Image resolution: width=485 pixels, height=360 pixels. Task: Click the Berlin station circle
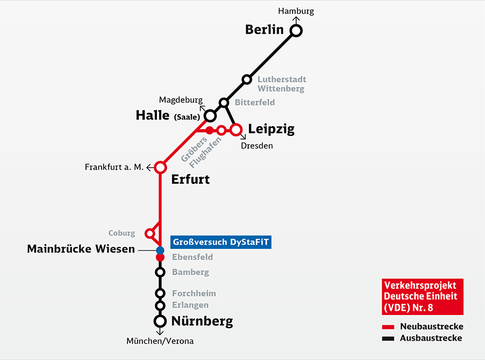(296, 31)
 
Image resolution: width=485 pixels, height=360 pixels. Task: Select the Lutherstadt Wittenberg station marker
(246, 79)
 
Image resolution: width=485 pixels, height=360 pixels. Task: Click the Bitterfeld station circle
(224, 103)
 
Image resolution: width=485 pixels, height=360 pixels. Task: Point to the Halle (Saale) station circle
(210, 115)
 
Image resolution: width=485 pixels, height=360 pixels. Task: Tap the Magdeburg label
(181, 100)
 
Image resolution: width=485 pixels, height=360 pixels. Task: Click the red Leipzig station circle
(236, 129)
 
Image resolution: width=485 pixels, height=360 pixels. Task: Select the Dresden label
(257, 145)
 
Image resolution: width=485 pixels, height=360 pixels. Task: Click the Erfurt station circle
(160, 167)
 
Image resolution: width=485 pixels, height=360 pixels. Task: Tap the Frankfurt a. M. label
(114, 167)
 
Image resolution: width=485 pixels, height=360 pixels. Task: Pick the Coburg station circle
(149, 233)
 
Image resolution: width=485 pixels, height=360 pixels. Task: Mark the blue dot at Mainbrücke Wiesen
(160, 250)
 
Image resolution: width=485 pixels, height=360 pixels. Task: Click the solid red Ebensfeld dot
(160, 258)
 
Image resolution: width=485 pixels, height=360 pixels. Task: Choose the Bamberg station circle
(160, 272)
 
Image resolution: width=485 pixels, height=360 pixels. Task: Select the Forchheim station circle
(160, 293)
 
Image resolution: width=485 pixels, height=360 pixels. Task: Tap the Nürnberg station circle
(160, 322)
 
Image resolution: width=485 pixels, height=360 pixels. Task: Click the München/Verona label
(160, 341)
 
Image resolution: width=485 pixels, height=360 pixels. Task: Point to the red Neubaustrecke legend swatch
(388, 326)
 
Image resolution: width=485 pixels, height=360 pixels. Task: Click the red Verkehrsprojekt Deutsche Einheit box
(422, 296)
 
